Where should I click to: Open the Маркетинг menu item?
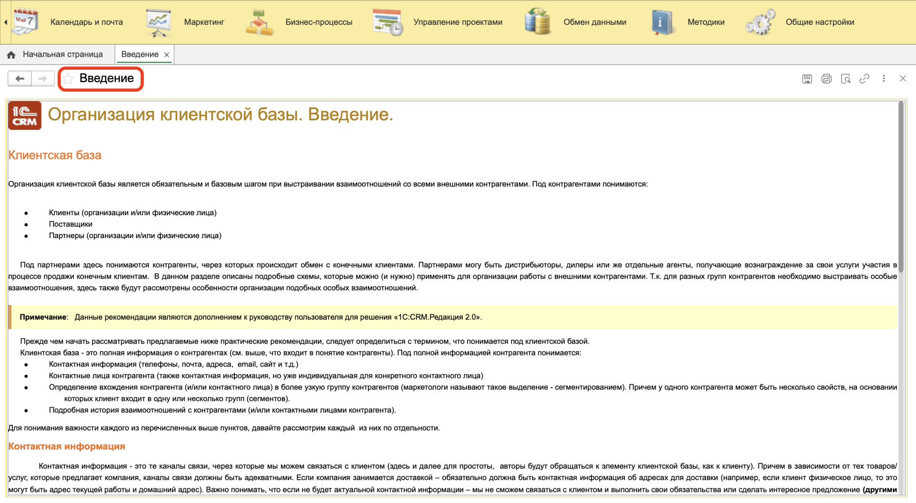204,22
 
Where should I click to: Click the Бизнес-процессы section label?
319,22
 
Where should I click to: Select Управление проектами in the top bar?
458,22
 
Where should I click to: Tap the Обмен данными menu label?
594,22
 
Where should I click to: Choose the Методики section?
706,22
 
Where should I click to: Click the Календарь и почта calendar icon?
25,22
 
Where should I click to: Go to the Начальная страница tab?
62,54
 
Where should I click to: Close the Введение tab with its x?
167,55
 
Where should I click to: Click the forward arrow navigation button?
42,79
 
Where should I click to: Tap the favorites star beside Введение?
68,79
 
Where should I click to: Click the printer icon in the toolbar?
826,79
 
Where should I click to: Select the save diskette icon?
807,79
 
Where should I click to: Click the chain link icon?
864,79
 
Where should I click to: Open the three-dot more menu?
884,79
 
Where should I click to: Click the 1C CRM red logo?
25,115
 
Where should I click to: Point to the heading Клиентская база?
55,155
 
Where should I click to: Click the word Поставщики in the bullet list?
71,224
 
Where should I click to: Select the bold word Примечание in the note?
43,317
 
